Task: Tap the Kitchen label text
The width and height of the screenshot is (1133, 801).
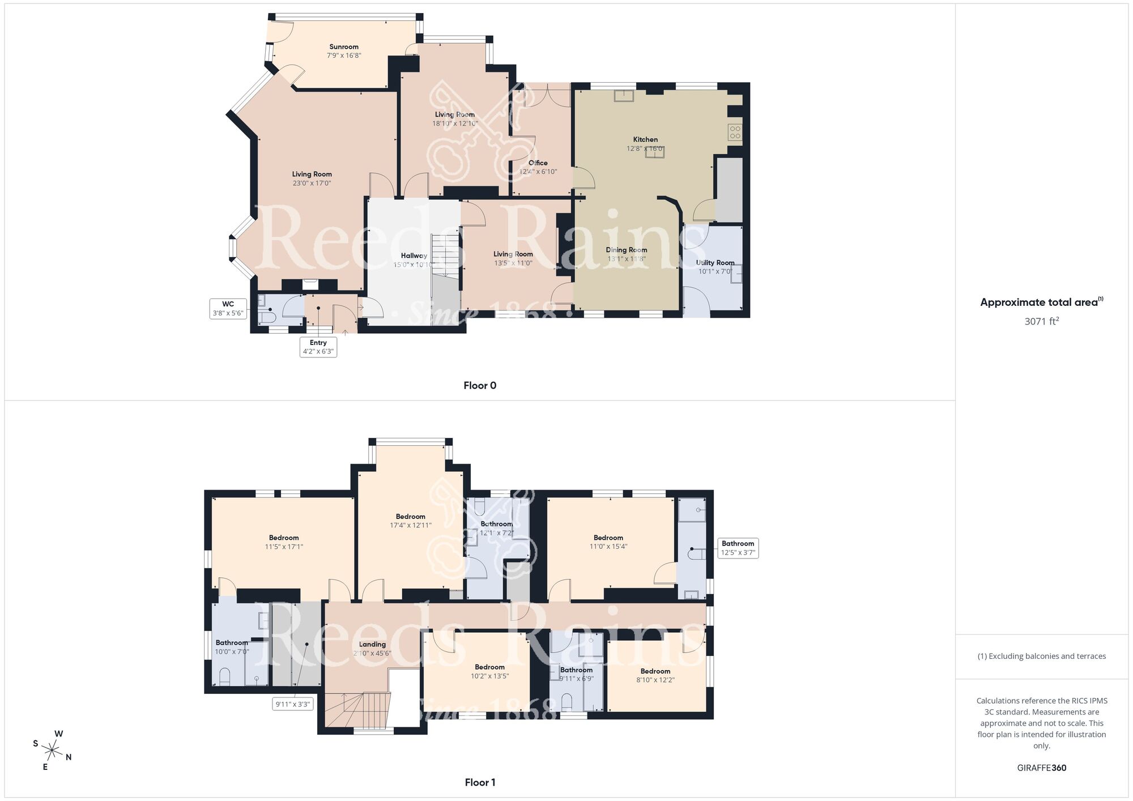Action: pyautogui.click(x=645, y=139)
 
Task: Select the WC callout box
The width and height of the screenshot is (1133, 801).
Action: pyautogui.click(x=228, y=309)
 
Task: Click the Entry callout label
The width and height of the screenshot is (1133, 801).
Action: pyautogui.click(x=318, y=347)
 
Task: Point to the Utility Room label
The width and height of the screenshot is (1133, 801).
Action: pyautogui.click(x=715, y=263)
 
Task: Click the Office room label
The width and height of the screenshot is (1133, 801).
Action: pyautogui.click(x=538, y=163)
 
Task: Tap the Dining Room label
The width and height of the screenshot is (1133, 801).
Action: pyautogui.click(x=626, y=250)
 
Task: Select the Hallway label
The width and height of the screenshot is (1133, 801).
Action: pyautogui.click(x=414, y=256)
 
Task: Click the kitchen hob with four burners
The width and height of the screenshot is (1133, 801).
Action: pyautogui.click(x=735, y=132)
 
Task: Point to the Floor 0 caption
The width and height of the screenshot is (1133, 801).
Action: pyautogui.click(x=480, y=386)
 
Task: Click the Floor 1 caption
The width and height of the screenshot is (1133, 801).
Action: pyautogui.click(x=480, y=782)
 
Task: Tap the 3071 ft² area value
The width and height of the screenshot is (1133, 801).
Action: pyautogui.click(x=1041, y=321)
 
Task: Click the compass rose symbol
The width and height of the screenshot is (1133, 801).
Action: pyautogui.click(x=52, y=751)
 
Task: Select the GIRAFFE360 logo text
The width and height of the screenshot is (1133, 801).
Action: pyautogui.click(x=1041, y=768)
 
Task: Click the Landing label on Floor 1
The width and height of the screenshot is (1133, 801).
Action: pyautogui.click(x=372, y=645)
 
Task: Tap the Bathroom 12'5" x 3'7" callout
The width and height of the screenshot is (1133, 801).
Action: pyautogui.click(x=738, y=548)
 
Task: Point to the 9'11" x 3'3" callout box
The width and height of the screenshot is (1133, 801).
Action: pyautogui.click(x=292, y=704)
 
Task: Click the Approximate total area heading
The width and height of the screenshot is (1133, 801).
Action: pyautogui.click(x=1041, y=302)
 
